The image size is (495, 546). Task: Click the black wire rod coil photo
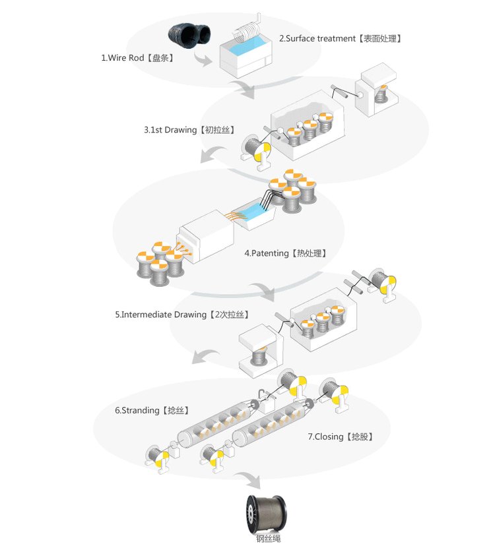coord(189,35)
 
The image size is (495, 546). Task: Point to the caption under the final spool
coord(268,539)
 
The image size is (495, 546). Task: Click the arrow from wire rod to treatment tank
coord(203,60)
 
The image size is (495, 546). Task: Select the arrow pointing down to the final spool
coord(249,480)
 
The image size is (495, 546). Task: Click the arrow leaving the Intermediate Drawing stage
coord(205,356)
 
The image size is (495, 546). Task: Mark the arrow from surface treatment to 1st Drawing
coord(244,88)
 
